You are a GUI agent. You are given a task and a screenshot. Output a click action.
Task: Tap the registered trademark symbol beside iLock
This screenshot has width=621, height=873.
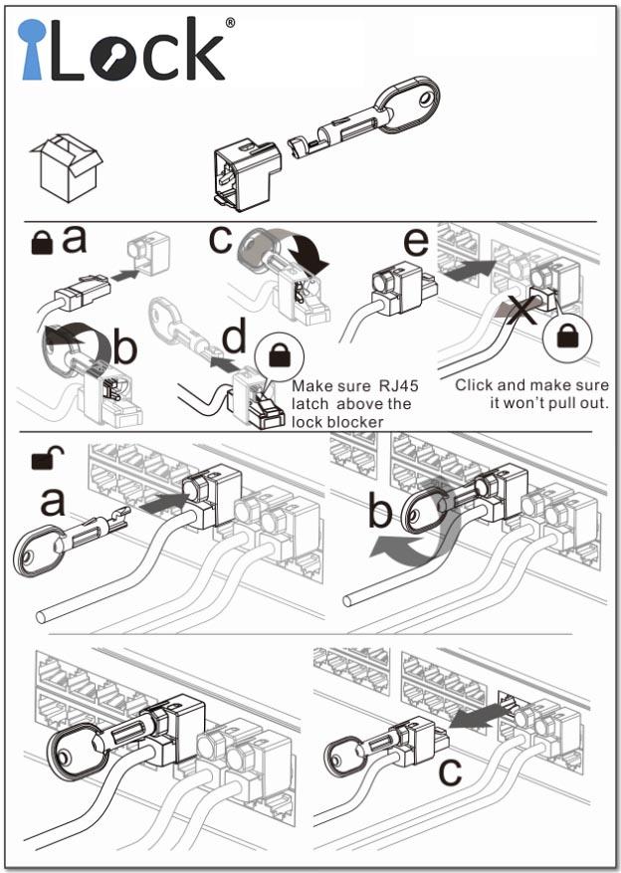pyautogui.click(x=230, y=21)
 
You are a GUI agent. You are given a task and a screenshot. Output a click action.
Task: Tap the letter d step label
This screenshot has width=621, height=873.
pyautogui.click(x=233, y=337)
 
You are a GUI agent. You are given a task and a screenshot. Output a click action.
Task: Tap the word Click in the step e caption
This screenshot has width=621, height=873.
pyautogui.click(x=475, y=385)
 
